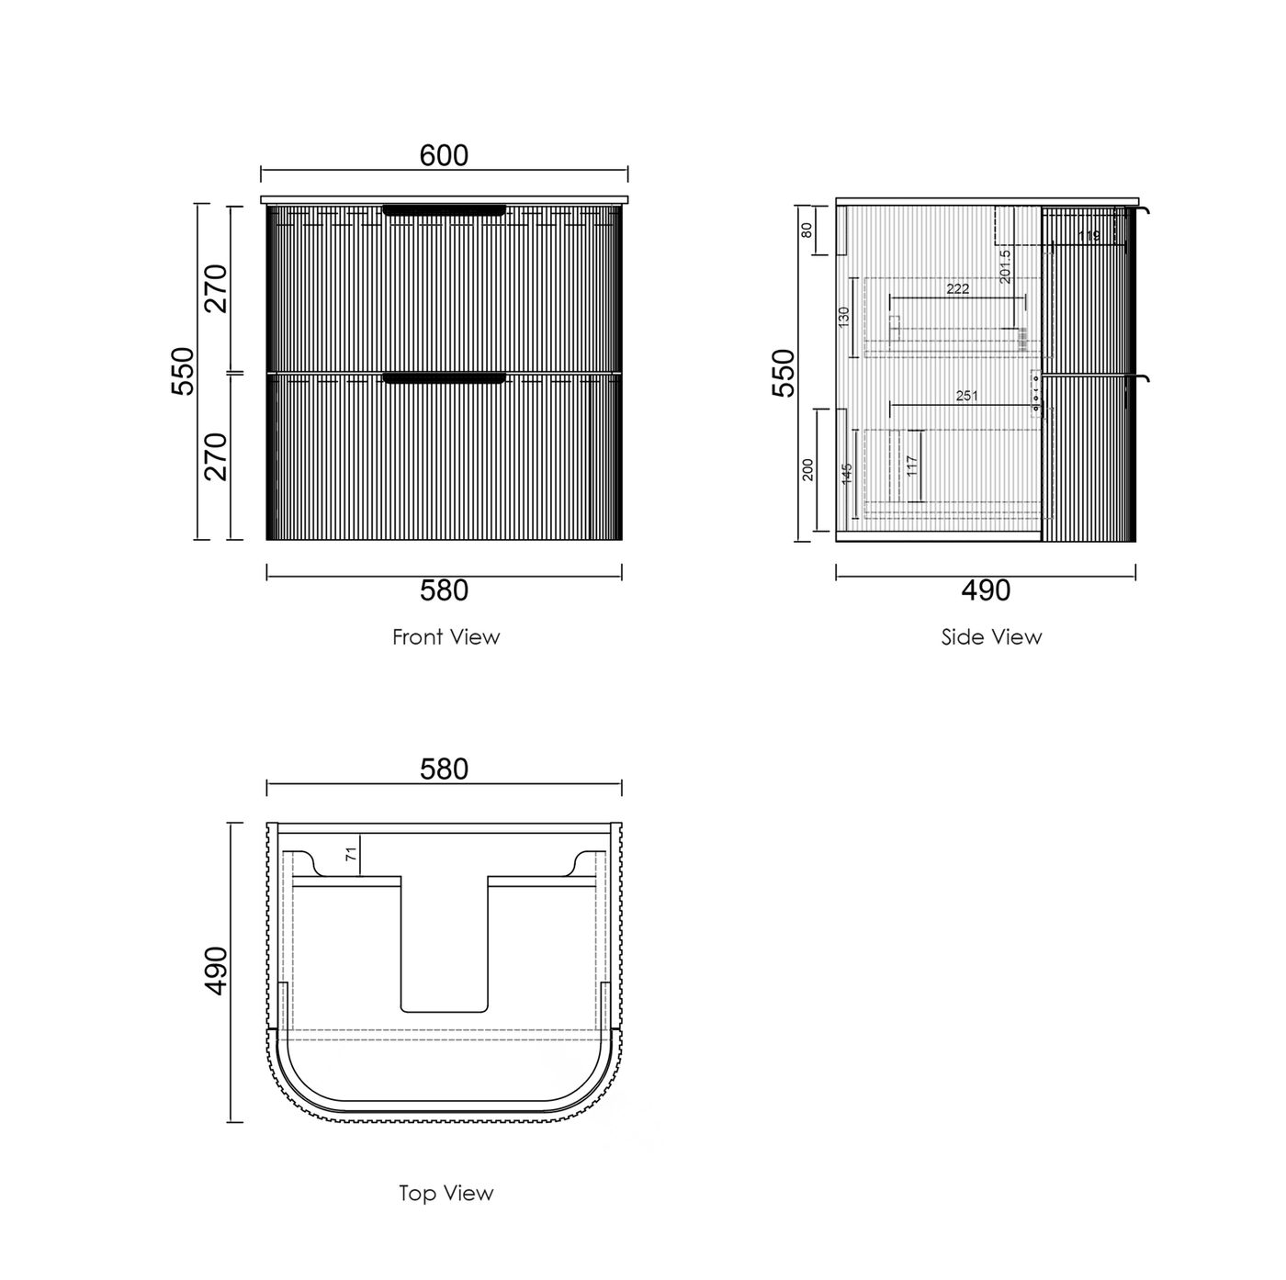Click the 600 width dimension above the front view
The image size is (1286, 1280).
point(444,155)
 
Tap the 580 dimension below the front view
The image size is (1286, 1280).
point(444,590)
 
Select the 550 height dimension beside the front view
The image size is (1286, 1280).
point(183,371)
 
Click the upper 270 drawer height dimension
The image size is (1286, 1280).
point(216,288)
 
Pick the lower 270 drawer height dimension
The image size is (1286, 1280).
point(216,456)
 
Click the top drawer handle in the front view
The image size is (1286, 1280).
point(444,210)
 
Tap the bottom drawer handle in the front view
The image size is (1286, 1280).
point(444,378)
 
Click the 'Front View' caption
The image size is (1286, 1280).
point(446,637)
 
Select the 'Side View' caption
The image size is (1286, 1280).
point(991,637)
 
